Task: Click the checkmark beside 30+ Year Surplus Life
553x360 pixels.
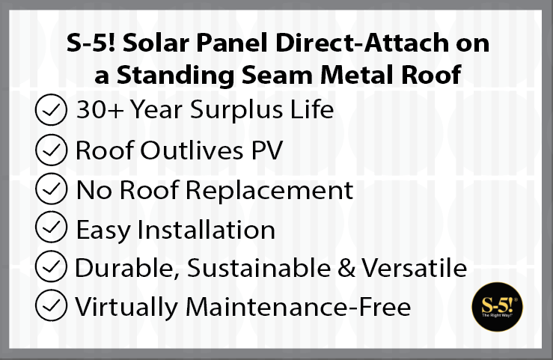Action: pos(51,110)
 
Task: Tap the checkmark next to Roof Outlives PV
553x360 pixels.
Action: pos(51,150)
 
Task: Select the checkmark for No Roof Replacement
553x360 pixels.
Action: pos(51,189)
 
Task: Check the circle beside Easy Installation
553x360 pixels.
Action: pos(51,227)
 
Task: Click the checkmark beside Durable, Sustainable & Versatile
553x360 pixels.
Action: pos(51,266)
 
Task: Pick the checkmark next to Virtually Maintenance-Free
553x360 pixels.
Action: pos(51,305)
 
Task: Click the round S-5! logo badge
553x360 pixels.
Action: pos(498,307)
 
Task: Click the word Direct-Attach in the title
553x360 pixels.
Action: pos(362,43)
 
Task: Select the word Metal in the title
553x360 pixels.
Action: pos(357,75)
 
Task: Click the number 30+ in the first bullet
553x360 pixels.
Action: pos(100,109)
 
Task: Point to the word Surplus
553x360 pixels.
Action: pos(236,111)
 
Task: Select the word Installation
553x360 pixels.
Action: pos(206,230)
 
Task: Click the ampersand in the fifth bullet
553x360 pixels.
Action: pos(346,269)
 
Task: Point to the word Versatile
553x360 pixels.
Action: pos(414,269)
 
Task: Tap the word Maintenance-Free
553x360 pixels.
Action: pos(298,307)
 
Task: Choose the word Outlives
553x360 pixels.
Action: pos(192,150)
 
